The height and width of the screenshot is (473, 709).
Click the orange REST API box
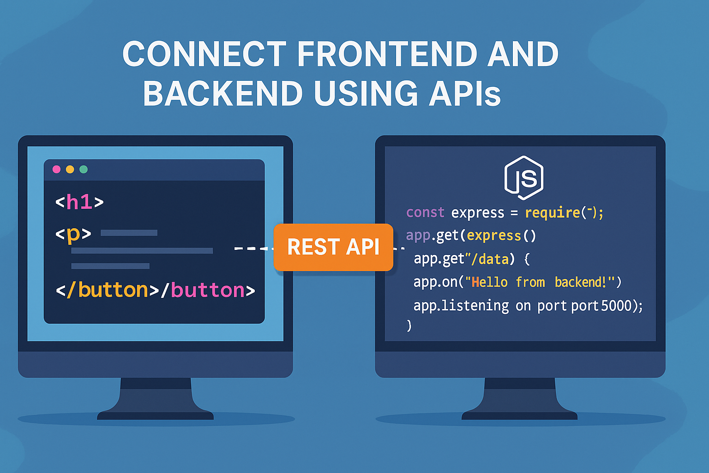tap(333, 247)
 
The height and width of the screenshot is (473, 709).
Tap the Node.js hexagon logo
tap(523, 178)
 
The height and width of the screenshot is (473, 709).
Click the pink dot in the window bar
tap(57, 170)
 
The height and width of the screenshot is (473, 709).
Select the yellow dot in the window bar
tap(70, 170)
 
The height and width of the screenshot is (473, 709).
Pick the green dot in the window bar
tap(84, 170)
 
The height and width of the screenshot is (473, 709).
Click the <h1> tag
tap(79, 202)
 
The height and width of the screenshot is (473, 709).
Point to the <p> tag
tap(73, 234)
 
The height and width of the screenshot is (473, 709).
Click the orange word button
tap(113, 291)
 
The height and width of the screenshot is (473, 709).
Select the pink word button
tap(208, 291)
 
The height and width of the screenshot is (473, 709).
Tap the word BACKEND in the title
tap(222, 94)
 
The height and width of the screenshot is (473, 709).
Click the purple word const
tap(425, 212)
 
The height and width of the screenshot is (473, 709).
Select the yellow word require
tap(552, 212)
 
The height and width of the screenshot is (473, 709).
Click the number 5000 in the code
tap(616, 306)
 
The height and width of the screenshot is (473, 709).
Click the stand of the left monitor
tap(156, 397)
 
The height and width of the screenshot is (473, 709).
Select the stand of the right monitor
tap(520, 397)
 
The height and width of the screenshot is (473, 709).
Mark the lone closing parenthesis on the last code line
tap(409, 326)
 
